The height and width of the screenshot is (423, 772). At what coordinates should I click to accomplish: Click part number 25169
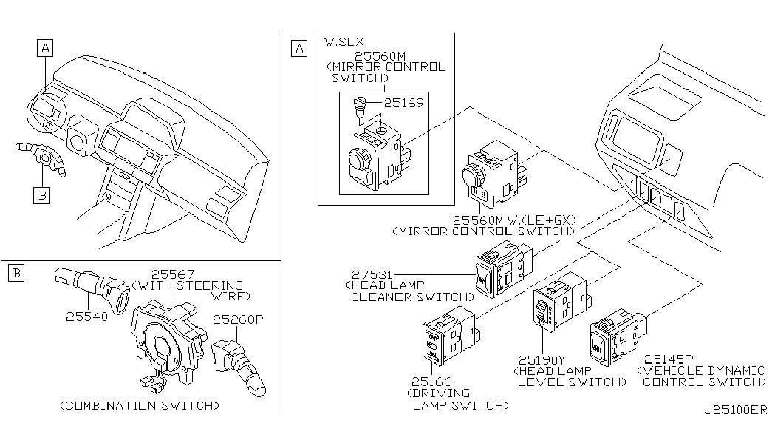pyautogui.click(x=403, y=103)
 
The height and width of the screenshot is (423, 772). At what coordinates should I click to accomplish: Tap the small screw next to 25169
pyautogui.click(x=360, y=106)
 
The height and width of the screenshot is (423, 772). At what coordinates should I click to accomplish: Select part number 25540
pyautogui.click(x=86, y=316)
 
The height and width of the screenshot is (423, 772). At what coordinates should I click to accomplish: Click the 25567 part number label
pyautogui.click(x=173, y=274)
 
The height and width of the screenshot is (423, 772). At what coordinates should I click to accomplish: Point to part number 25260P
pyautogui.click(x=239, y=319)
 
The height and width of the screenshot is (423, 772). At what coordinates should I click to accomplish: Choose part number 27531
pyautogui.click(x=372, y=274)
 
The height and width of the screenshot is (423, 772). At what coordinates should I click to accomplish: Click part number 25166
pyautogui.click(x=431, y=382)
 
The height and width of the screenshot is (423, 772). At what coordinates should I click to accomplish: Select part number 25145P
pyautogui.click(x=669, y=359)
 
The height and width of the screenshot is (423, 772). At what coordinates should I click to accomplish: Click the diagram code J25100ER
pyautogui.click(x=736, y=410)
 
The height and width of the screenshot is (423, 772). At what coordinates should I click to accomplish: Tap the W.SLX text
pyautogui.click(x=344, y=42)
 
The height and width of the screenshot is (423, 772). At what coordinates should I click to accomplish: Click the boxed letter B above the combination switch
pyautogui.click(x=16, y=273)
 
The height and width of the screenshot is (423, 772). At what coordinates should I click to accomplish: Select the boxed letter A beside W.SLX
pyautogui.click(x=299, y=48)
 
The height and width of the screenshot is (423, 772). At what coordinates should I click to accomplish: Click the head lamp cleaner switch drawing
pyautogui.click(x=505, y=268)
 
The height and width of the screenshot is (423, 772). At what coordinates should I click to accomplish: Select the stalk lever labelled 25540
pyautogui.click(x=92, y=289)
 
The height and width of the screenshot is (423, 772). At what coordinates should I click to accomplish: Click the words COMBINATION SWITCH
pyautogui.click(x=140, y=406)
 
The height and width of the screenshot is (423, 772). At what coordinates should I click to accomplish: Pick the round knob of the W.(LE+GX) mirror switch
pyautogui.click(x=474, y=176)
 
